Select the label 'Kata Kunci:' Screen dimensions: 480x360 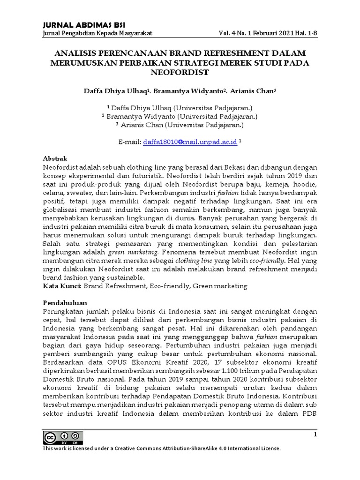pyautogui.click(x=62, y=285)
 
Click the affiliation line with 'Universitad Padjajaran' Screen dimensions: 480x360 pyautogui.click(x=180, y=116)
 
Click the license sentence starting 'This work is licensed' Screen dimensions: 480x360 pyautogui.click(x=162, y=449)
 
